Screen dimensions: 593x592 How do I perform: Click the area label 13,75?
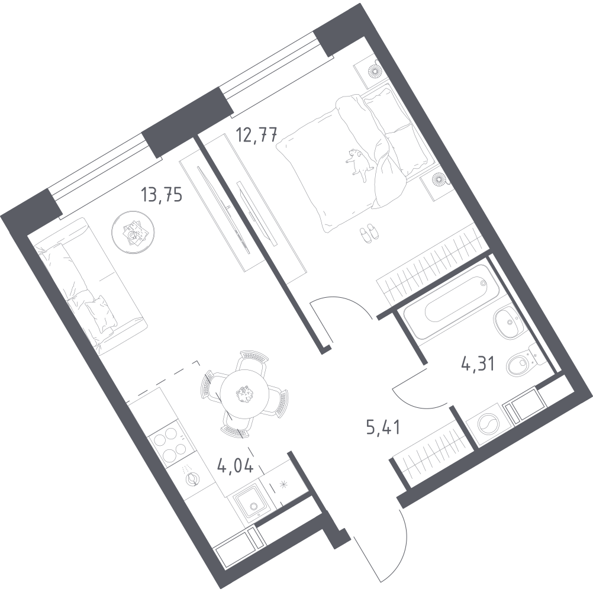click(x=162, y=195)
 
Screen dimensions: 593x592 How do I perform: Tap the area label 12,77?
click(x=257, y=135)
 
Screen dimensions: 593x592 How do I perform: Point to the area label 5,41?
click(x=383, y=429)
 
